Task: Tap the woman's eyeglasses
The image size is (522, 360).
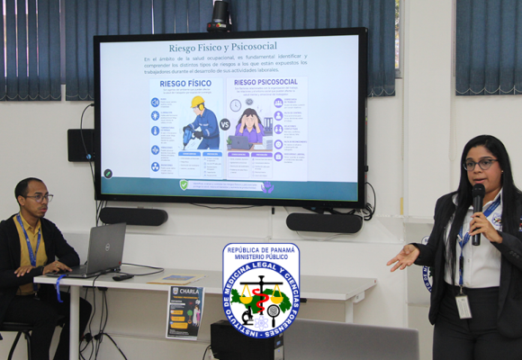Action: pos(481,164)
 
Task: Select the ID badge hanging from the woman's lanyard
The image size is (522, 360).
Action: pos(463,306)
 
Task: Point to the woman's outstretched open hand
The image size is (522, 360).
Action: pos(401,259)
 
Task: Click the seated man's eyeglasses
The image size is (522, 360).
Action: pos(39,198)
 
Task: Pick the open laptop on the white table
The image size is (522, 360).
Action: pos(102,249)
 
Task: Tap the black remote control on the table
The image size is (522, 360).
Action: pos(121,276)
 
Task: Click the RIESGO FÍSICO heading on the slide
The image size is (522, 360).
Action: pos(184,84)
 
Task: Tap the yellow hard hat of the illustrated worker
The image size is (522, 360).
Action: pos(197,103)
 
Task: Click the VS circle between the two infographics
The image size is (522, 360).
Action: pos(225,124)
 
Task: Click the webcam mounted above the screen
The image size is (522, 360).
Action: pos(219,13)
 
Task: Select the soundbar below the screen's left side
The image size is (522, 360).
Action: pos(133,217)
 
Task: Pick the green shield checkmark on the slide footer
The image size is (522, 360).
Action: pos(184,184)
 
